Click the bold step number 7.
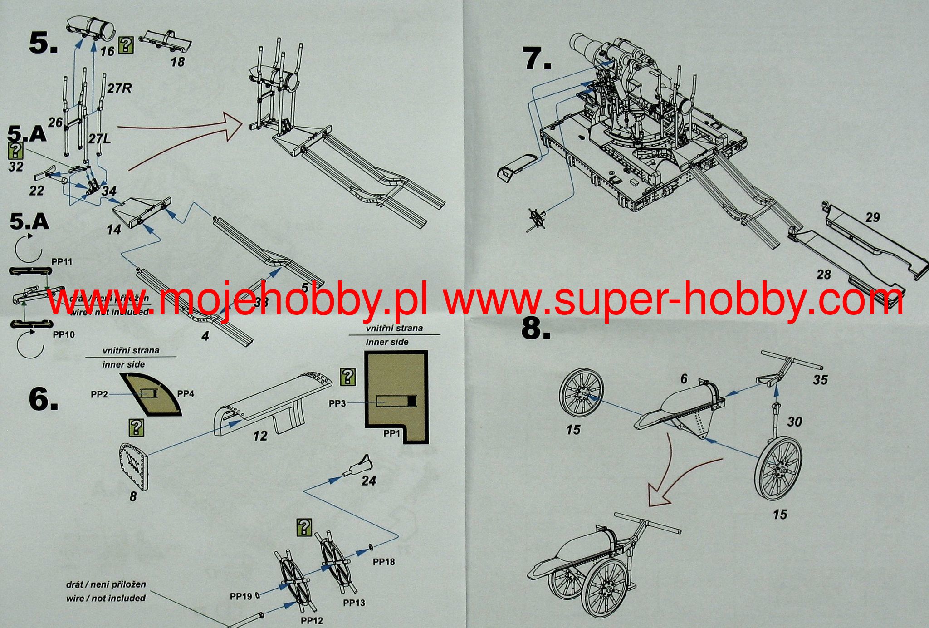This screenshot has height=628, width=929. point(538,59)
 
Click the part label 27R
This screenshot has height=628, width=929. point(119,88)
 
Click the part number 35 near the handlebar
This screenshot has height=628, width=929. point(820,379)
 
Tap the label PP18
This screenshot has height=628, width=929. point(384,562)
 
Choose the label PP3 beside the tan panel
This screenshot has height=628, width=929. point(337,403)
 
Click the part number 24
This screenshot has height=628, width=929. point(369,481)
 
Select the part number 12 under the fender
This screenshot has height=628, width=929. point(260,436)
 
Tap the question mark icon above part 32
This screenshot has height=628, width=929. point(16,150)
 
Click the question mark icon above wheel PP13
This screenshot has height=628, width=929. point(303,527)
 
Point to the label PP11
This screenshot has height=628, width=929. point(62,262)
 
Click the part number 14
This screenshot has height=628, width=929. point(114,230)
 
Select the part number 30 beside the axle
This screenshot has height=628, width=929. point(794,422)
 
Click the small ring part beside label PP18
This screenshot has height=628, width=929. point(372,547)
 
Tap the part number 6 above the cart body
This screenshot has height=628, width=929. point(684,379)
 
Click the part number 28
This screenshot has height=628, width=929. point(824,275)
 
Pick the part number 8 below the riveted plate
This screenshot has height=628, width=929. point(132,497)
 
